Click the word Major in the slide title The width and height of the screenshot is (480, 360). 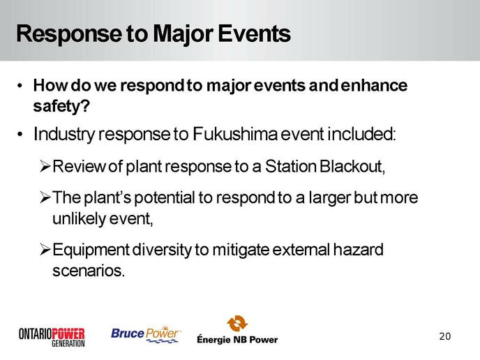(x=183, y=35)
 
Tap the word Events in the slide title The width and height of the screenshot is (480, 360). (x=254, y=33)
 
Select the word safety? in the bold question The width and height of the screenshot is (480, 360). (x=61, y=107)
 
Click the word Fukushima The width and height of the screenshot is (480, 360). (x=235, y=134)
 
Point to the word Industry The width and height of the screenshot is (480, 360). (x=63, y=135)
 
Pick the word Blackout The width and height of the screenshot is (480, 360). (x=352, y=166)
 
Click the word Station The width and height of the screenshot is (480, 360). (x=290, y=166)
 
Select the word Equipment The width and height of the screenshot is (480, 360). (x=91, y=250)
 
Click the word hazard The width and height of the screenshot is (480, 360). (x=358, y=250)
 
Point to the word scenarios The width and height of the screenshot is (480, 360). (x=89, y=271)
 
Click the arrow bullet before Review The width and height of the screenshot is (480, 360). (x=45, y=166)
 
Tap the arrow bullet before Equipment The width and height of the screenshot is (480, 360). (x=45, y=250)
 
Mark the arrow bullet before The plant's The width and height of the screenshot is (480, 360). (x=45, y=197)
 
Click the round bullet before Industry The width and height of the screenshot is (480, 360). (x=20, y=134)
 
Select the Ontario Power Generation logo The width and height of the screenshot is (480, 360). (x=52, y=337)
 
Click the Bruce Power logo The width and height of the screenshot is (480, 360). (x=146, y=334)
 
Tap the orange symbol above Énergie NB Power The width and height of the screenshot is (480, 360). (x=237, y=323)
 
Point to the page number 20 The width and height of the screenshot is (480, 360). (x=445, y=336)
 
